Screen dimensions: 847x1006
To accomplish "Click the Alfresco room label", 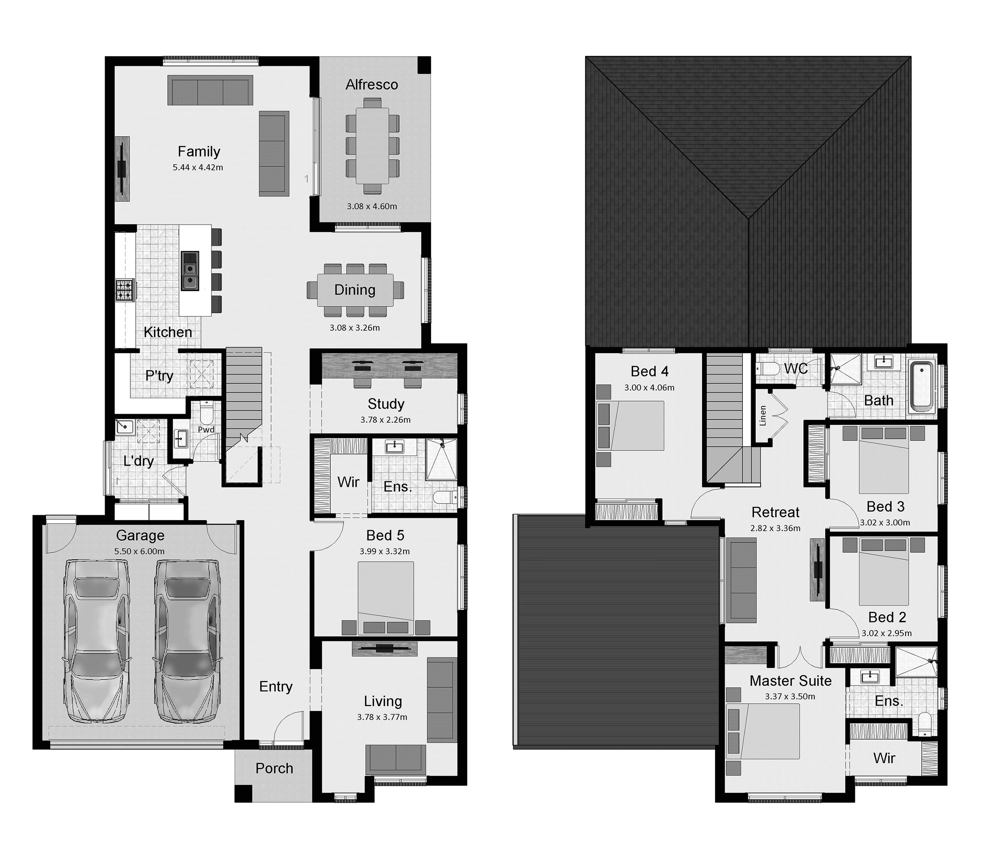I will [x=372, y=85].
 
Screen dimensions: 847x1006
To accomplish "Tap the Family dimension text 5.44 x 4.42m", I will [x=198, y=167].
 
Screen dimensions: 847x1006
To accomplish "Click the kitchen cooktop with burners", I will [x=125, y=290].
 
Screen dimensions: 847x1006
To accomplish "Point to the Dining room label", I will [x=354, y=290].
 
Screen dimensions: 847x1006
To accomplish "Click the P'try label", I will [x=159, y=376].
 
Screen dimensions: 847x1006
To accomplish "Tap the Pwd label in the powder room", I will [x=206, y=429].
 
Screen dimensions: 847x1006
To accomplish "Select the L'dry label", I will [x=138, y=461].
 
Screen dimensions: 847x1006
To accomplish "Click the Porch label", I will [x=274, y=768].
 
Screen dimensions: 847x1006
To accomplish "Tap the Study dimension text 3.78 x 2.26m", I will [x=385, y=420].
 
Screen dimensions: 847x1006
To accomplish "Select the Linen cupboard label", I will [x=763, y=415].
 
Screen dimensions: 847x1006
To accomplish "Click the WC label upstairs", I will [x=796, y=369].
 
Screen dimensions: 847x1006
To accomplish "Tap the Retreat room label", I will [x=775, y=512].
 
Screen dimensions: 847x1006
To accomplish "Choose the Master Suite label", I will [x=790, y=681].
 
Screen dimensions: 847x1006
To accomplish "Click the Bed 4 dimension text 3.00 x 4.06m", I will [x=649, y=387].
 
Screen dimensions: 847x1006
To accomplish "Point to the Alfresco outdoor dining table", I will [x=372, y=145].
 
